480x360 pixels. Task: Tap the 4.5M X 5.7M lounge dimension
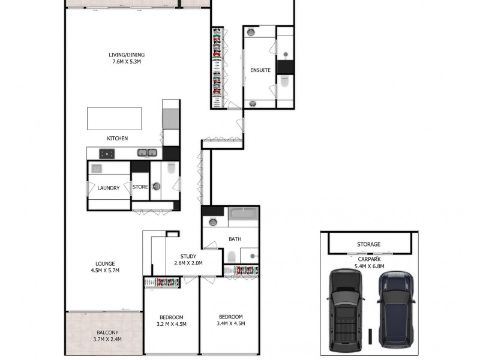click(x=105, y=271)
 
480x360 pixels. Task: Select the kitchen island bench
click(x=115, y=118)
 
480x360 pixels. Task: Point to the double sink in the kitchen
click(x=147, y=153)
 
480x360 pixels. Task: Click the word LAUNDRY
click(x=109, y=188)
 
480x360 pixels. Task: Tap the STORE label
click(x=140, y=187)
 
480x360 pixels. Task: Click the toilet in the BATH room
click(x=231, y=257)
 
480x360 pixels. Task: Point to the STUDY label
click(x=188, y=256)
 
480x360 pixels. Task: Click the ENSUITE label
click(x=260, y=70)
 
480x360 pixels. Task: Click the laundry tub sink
click(x=97, y=169)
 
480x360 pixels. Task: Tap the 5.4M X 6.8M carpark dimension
click(x=368, y=266)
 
